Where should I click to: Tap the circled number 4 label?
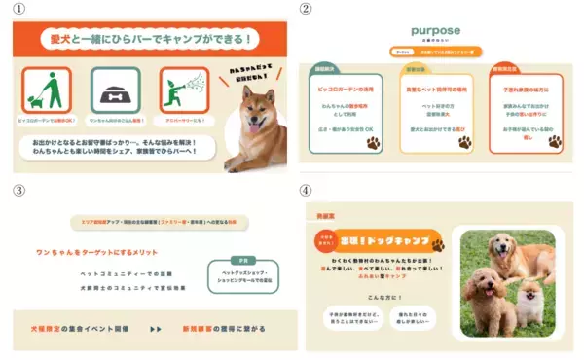coord(305,190)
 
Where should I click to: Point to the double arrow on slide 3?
coord(156,329)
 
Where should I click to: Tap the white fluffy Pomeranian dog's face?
coord(529,297)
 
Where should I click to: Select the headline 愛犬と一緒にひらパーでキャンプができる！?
coord(150,40)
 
